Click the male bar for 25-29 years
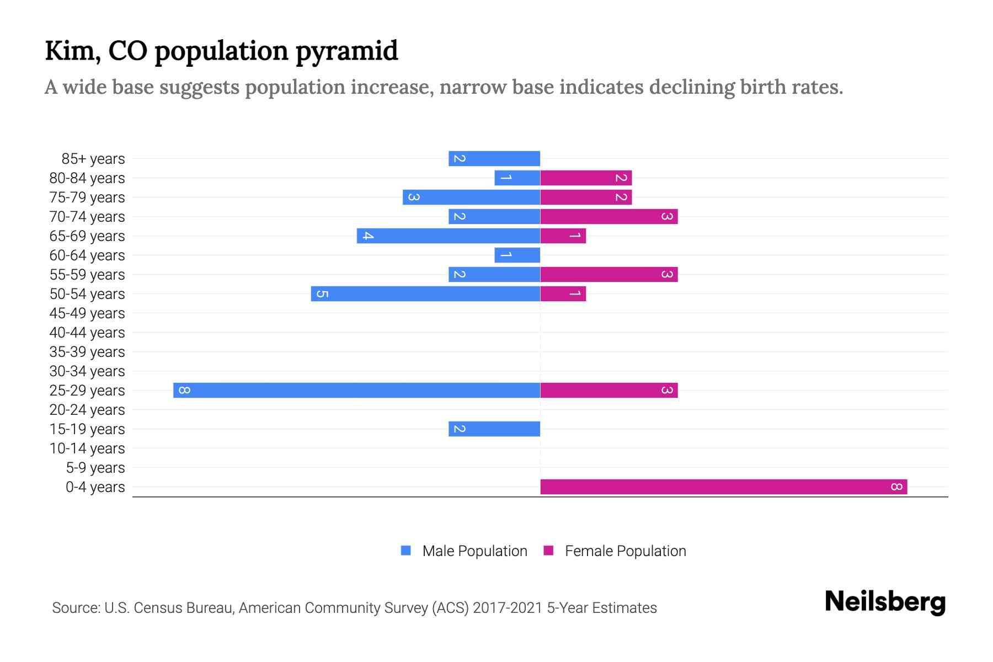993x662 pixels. pyautogui.click(x=356, y=390)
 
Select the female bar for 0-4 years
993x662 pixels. pyautogui.click(x=724, y=487)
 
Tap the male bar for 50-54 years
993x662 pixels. pyautogui.click(x=425, y=293)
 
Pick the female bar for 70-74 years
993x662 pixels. pyautogui.click(x=609, y=216)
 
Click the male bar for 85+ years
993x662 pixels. pyautogui.click(x=494, y=158)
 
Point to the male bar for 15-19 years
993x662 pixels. pyautogui.click(x=494, y=429)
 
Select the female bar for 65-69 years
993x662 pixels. pyautogui.click(x=563, y=236)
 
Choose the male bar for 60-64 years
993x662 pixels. pyautogui.click(x=517, y=255)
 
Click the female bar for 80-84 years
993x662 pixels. pyautogui.click(x=586, y=178)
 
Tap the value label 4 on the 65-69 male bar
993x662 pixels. pyautogui.click(x=368, y=236)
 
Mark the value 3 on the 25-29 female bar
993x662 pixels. pyautogui.click(x=667, y=391)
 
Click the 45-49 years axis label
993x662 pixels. pyautogui.click(x=87, y=313)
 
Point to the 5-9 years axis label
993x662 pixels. pyautogui.click(x=95, y=468)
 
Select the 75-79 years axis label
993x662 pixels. pyautogui.click(x=87, y=197)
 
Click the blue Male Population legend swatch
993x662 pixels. pyautogui.click(x=406, y=551)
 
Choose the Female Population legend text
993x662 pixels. pyautogui.click(x=625, y=551)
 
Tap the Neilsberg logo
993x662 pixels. pyautogui.click(x=885, y=602)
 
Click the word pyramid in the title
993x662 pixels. pyautogui.click(x=346, y=51)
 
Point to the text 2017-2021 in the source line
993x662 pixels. pyautogui.click(x=508, y=608)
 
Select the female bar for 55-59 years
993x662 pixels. pyautogui.click(x=609, y=274)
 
